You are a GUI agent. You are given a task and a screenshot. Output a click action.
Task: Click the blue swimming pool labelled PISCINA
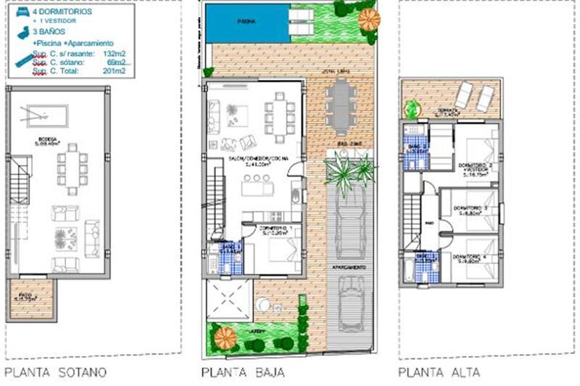coord(246,22)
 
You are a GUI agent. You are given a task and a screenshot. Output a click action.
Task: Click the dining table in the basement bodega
coord(72,169)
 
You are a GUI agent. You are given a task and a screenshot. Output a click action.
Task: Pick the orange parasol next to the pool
coord(369,20)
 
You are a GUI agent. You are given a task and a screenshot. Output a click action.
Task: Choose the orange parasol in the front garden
coord(226,337)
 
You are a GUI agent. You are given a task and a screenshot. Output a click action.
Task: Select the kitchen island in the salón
coord(258,188)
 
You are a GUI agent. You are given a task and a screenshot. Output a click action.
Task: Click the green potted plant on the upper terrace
coord(412,110)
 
